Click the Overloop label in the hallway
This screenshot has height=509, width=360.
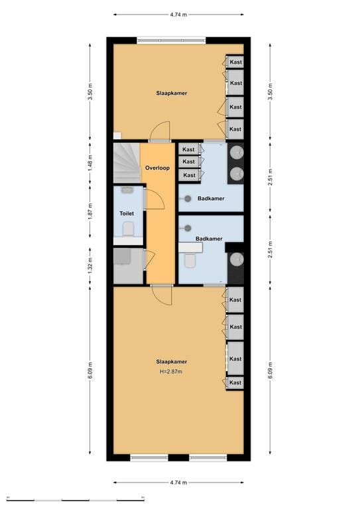coord(157,168)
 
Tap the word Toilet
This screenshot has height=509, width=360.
coord(126,213)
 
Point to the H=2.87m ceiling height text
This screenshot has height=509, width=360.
coord(171,371)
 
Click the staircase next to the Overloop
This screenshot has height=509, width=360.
coord(126,164)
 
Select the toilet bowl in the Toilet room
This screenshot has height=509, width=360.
coord(129,229)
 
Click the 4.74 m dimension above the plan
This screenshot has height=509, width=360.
coord(178,13)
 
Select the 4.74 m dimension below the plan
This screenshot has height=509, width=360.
coord(178,482)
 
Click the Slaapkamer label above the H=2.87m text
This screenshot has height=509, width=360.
coord(171,361)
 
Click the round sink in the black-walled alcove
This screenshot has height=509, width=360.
coord(235,268)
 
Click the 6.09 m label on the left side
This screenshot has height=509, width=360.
coord(91,370)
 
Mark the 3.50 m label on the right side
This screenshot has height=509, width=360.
coord(269,90)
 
